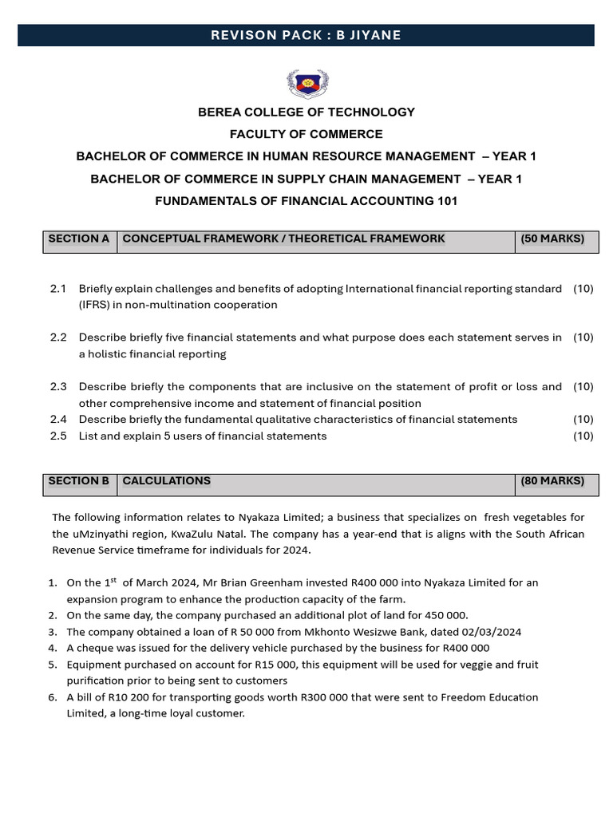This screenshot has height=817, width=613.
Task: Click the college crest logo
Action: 306,83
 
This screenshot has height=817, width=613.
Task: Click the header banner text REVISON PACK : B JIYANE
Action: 306,34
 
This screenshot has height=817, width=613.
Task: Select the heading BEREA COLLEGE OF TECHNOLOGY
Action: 306,112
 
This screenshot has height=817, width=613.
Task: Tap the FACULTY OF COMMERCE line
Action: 306,134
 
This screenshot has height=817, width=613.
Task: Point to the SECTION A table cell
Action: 79,239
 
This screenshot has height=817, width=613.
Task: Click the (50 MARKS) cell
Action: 552,239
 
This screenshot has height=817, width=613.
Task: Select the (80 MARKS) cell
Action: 552,481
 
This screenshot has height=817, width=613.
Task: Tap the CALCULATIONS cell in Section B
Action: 166,481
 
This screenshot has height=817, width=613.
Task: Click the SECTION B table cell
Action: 79,481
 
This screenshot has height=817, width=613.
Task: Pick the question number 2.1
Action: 58,289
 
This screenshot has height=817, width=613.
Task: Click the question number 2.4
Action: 58,420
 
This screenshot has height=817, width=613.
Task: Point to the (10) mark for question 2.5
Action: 583,436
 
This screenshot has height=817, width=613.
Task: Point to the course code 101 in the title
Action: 447,201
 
